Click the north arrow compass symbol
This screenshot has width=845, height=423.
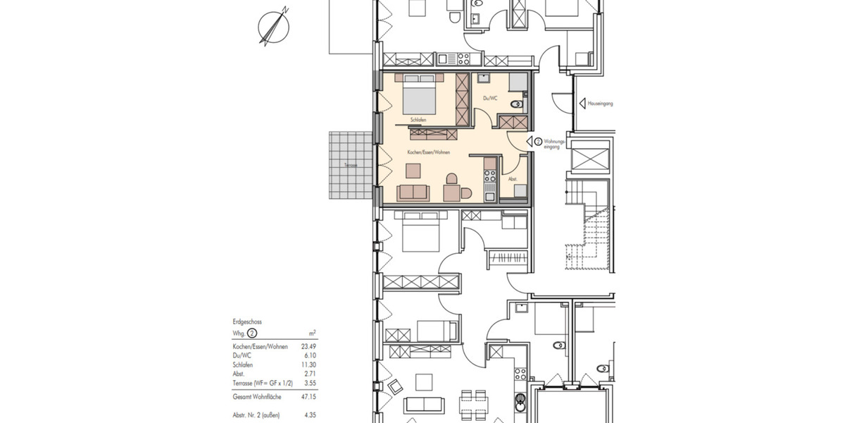[x=274, y=26]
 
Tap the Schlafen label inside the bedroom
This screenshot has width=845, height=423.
[x=416, y=121]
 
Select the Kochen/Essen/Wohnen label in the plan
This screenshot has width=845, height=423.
[x=428, y=152]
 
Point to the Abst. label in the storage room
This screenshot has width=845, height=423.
[x=513, y=180]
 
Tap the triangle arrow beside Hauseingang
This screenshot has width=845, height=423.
[x=582, y=104]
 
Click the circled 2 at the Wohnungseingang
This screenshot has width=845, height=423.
[x=539, y=142]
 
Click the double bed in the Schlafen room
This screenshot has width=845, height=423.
[x=419, y=94]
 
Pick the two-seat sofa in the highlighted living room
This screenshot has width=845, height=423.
[x=413, y=192]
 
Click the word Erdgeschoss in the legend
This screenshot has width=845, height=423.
[x=247, y=321]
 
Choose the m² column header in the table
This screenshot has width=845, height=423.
[x=313, y=332]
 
